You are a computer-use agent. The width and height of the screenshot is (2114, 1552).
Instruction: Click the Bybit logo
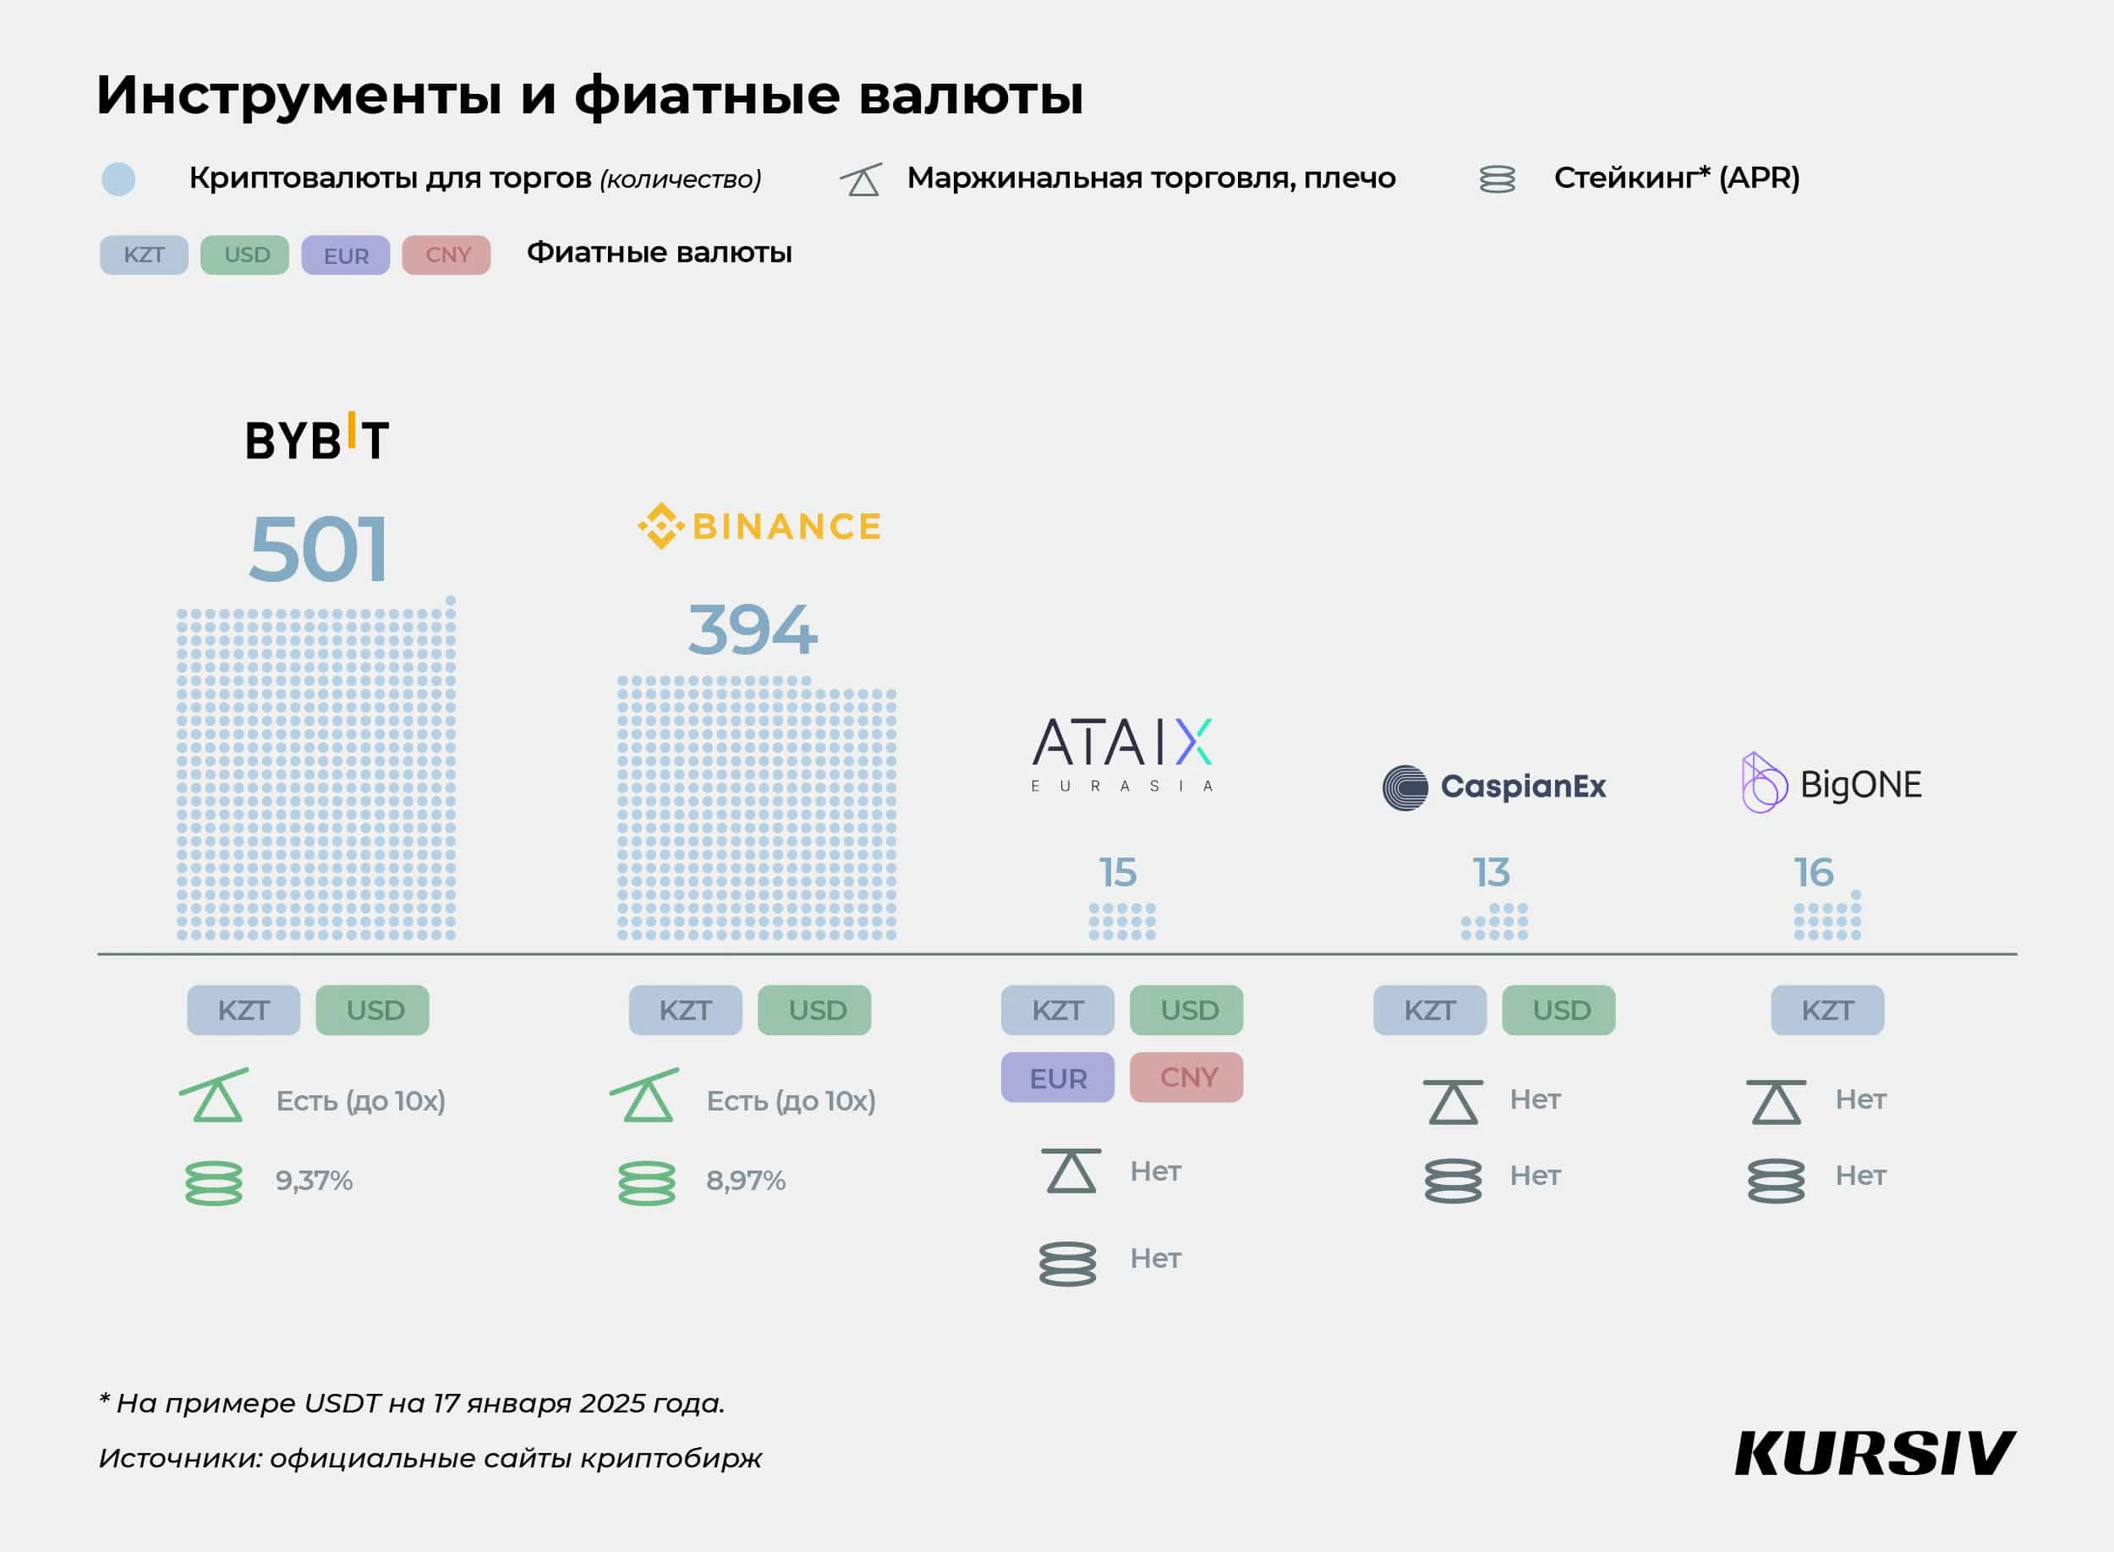316,438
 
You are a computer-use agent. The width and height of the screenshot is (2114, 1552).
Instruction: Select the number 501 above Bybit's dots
318,550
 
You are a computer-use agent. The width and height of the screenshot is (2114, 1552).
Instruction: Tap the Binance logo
759,526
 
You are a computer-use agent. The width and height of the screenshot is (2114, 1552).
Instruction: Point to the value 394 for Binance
753,629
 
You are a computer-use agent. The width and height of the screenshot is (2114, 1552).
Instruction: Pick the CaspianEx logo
1494,787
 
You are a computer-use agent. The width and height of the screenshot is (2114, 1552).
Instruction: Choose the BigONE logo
1832,783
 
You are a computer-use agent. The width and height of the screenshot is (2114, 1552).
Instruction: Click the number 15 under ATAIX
1118,873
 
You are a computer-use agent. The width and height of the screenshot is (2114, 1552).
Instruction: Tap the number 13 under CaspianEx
1491,873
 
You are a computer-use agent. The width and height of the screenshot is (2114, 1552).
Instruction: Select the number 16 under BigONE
1814,873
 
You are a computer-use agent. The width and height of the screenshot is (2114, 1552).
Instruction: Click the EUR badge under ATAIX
1058,1078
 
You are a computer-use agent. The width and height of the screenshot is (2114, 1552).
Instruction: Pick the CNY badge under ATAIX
1187,1077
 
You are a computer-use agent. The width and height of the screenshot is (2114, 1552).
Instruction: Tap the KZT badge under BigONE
1826,1010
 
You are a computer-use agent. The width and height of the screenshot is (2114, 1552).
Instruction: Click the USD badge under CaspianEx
1559,1010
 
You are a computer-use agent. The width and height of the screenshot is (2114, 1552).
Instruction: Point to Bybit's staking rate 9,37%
314,1181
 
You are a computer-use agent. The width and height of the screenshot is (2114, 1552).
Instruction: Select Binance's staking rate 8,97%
746,1181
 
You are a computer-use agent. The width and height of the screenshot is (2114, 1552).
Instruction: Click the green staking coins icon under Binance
646,1182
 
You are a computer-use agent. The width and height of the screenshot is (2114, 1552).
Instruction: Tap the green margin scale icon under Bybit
215,1095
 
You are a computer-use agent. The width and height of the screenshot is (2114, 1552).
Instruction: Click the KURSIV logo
1875,1454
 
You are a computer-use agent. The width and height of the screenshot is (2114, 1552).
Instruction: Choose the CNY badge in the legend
446,255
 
